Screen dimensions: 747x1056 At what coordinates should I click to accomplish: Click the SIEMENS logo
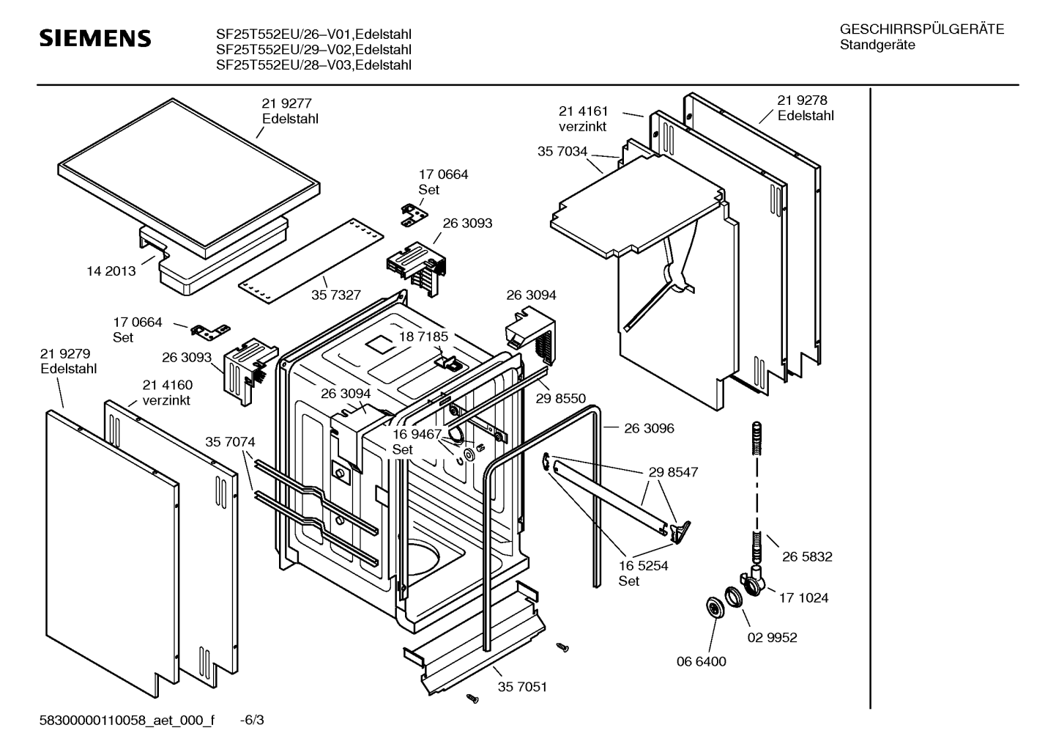click(x=94, y=38)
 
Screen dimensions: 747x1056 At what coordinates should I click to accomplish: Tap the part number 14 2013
click(x=111, y=271)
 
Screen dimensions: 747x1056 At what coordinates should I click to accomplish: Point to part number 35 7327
click(x=336, y=295)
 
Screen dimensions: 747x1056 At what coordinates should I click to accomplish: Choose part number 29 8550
click(x=560, y=398)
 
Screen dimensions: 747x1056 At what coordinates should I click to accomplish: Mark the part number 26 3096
click(x=649, y=428)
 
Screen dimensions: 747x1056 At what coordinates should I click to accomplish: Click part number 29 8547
click(x=673, y=472)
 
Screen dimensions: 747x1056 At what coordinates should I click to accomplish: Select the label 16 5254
click(x=643, y=566)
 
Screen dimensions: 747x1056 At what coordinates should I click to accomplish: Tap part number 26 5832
click(x=807, y=556)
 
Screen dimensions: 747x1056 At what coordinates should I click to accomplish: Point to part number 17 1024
click(x=803, y=597)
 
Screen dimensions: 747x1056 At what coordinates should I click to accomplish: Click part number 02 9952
click(x=772, y=637)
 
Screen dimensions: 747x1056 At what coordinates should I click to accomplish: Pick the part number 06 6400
click(x=701, y=661)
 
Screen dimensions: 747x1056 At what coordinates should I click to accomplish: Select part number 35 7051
click(x=522, y=687)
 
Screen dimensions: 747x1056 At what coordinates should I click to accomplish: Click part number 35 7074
click(x=230, y=442)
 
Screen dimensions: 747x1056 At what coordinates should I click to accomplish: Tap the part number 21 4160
click(x=168, y=385)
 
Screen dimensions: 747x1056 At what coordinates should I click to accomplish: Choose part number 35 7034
click(x=562, y=152)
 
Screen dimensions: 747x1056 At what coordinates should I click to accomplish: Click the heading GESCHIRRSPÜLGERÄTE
click(x=921, y=29)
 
